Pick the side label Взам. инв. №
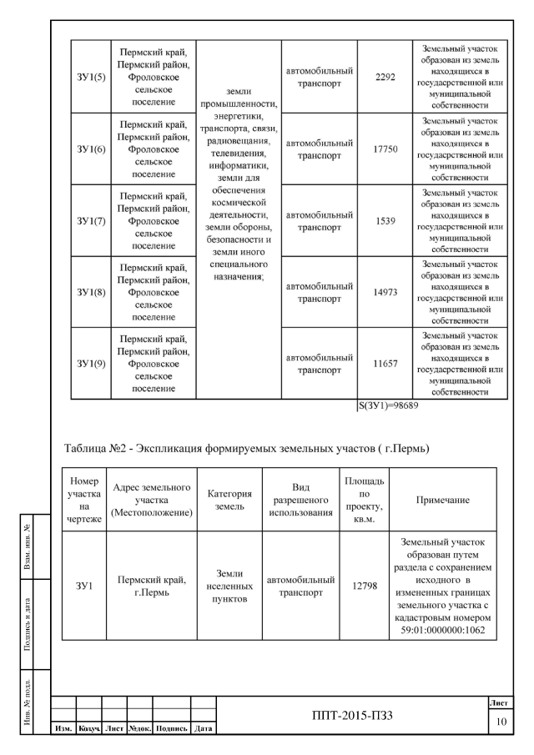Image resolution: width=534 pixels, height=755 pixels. point(28,545)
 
